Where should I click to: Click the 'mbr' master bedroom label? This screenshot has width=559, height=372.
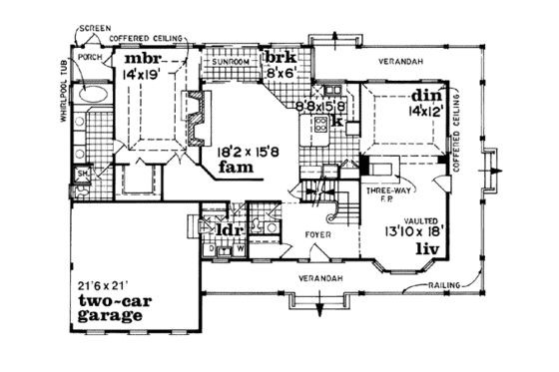pyautogui.click(x=144, y=56)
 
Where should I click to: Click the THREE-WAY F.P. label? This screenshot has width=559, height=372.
pyautogui.click(x=383, y=192)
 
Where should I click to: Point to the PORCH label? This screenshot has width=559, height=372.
pyautogui.click(x=92, y=59)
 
